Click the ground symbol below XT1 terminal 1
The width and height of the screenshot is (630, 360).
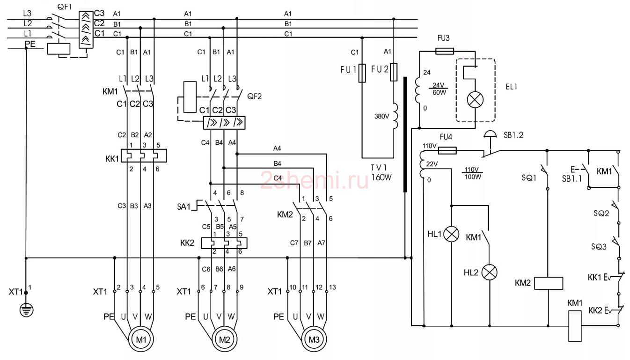[26, 310]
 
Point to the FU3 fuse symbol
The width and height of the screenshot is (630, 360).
[444, 51]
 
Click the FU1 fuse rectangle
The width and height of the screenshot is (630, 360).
[362, 73]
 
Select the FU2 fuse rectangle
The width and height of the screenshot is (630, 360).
[394, 72]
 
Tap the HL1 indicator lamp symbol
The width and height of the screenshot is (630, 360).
[451, 234]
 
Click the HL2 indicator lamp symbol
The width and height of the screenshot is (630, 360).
[490, 272]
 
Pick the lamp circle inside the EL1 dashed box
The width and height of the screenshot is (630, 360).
[475, 100]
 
